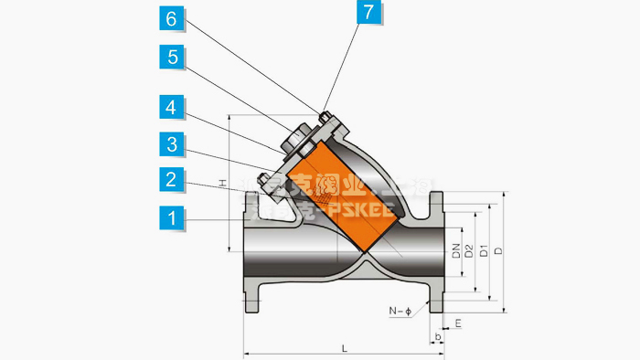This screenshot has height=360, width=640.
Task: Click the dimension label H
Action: coord(222,184)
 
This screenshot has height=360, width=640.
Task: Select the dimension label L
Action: coord(344,348)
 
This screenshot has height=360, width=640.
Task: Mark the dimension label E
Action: coord(457,323)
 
